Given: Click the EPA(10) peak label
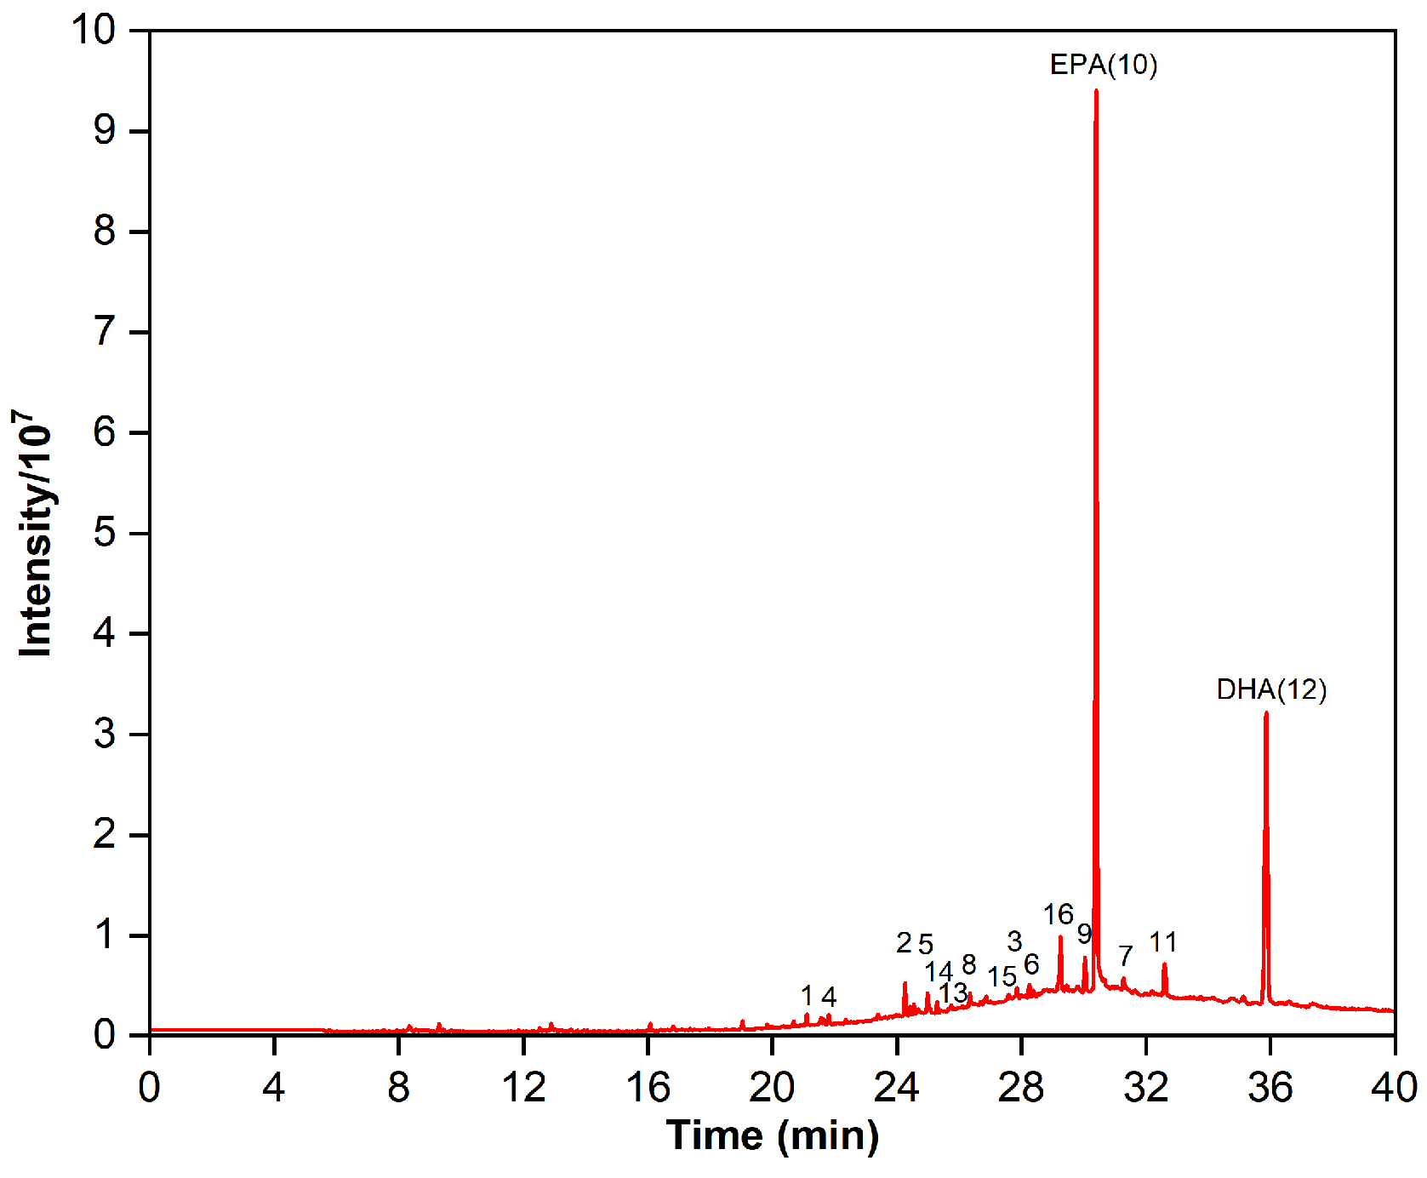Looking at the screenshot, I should click(x=1103, y=65).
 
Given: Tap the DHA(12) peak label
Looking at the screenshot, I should click(x=1271, y=689).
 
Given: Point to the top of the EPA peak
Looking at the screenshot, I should click(x=1096, y=90).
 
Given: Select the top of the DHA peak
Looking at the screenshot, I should click(x=1266, y=713).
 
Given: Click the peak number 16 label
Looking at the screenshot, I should click(x=1058, y=915).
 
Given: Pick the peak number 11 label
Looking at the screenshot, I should click(x=1163, y=942).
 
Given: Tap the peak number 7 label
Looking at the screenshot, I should click(x=1126, y=956).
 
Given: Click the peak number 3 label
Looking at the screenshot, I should click(x=1014, y=941).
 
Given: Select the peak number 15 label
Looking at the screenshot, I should click(x=1002, y=977).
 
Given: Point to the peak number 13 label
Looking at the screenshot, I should click(x=953, y=992).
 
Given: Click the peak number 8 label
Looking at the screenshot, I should click(x=968, y=964).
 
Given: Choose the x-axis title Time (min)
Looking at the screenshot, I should click(x=773, y=1135).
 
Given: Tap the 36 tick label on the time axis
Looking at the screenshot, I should click(x=1270, y=1088).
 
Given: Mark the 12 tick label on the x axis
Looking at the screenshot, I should click(x=523, y=1088).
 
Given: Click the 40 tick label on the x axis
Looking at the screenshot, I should click(x=1394, y=1088).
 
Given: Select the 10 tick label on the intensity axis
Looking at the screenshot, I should click(x=94, y=31).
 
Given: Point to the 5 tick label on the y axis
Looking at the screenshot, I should click(x=105, y=534).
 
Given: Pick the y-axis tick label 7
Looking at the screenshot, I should click(x=105, y=332).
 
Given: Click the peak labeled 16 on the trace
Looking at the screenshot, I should click(x=1060, y=938).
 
